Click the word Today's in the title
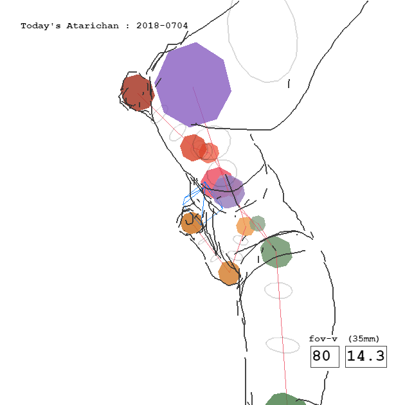(x=40, y=26)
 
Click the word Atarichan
(x=93, y=26)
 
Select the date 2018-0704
(x=162, y=26)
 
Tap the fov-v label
(x=323, y=339)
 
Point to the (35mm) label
(x=364, y=339)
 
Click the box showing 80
(x=325, y=356)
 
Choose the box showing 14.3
(x=366, y=356)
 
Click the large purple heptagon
(x=193, y=85)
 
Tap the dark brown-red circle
(x=138, y=93)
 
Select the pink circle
(x=217, y=182)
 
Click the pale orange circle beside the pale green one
(x=246, y=226)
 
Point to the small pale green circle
(x=258, y=224)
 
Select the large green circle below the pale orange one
(x=276, y=252)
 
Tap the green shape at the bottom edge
(x=285, y=399)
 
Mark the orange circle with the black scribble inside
(x=192, y=223)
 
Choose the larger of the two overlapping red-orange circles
(x=194, y=148)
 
